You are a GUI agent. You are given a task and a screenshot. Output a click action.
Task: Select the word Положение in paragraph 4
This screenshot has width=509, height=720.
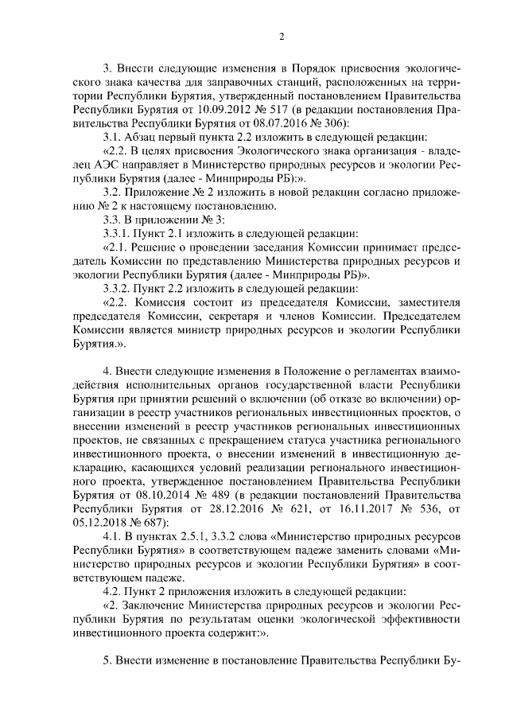click(307, 372)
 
